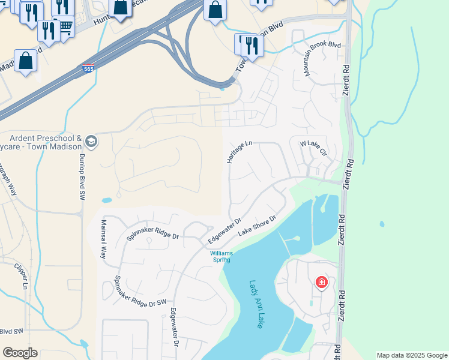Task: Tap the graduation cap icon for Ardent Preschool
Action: pos(91,142)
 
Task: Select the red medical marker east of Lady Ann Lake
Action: pos(322,282)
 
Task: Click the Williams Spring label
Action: pos(220,256)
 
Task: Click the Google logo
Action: pos(20,353)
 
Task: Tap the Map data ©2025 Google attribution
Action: pos(412,355)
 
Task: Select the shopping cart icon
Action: pos(67,27)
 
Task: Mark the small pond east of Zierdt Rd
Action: pos(382,225)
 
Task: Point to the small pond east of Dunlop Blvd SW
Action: pos(106,200)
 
